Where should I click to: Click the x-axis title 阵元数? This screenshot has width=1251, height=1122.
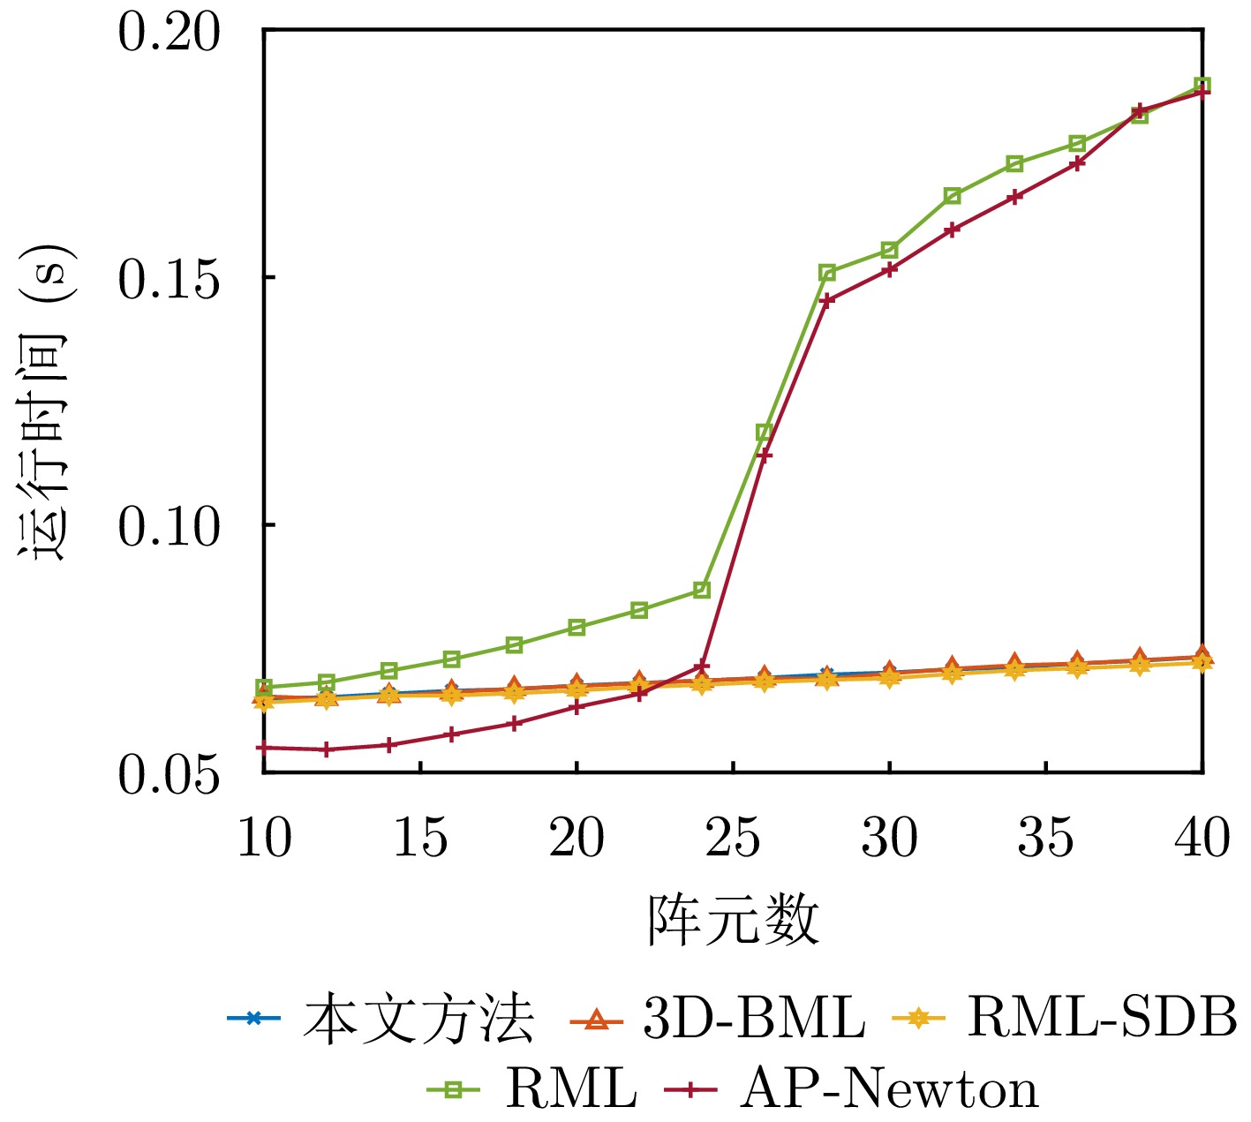(x=733, y=921)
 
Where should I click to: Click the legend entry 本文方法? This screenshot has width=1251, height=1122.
(x=418, y=1019)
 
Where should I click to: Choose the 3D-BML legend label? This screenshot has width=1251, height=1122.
(x=753, y=1019)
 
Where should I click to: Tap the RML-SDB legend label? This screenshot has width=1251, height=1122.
(x=1102, y=1019)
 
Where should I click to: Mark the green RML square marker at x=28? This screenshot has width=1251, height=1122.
(x=827, y=272)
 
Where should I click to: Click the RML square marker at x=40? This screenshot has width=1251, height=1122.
(x=1202, y=86)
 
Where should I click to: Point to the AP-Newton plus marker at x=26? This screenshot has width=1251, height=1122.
(x=765, y=455)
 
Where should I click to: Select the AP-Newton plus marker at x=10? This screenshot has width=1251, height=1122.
(x=263, y=748)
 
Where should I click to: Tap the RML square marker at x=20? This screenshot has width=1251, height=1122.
(x=577, y=628)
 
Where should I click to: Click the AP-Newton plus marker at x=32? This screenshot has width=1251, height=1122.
(x=952, y=230)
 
